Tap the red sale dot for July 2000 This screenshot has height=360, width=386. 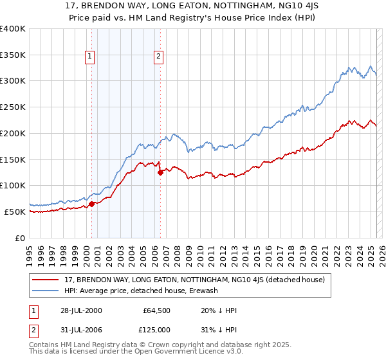click(x=92, y=204)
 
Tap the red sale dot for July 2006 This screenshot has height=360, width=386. click(x=160, y=172)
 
